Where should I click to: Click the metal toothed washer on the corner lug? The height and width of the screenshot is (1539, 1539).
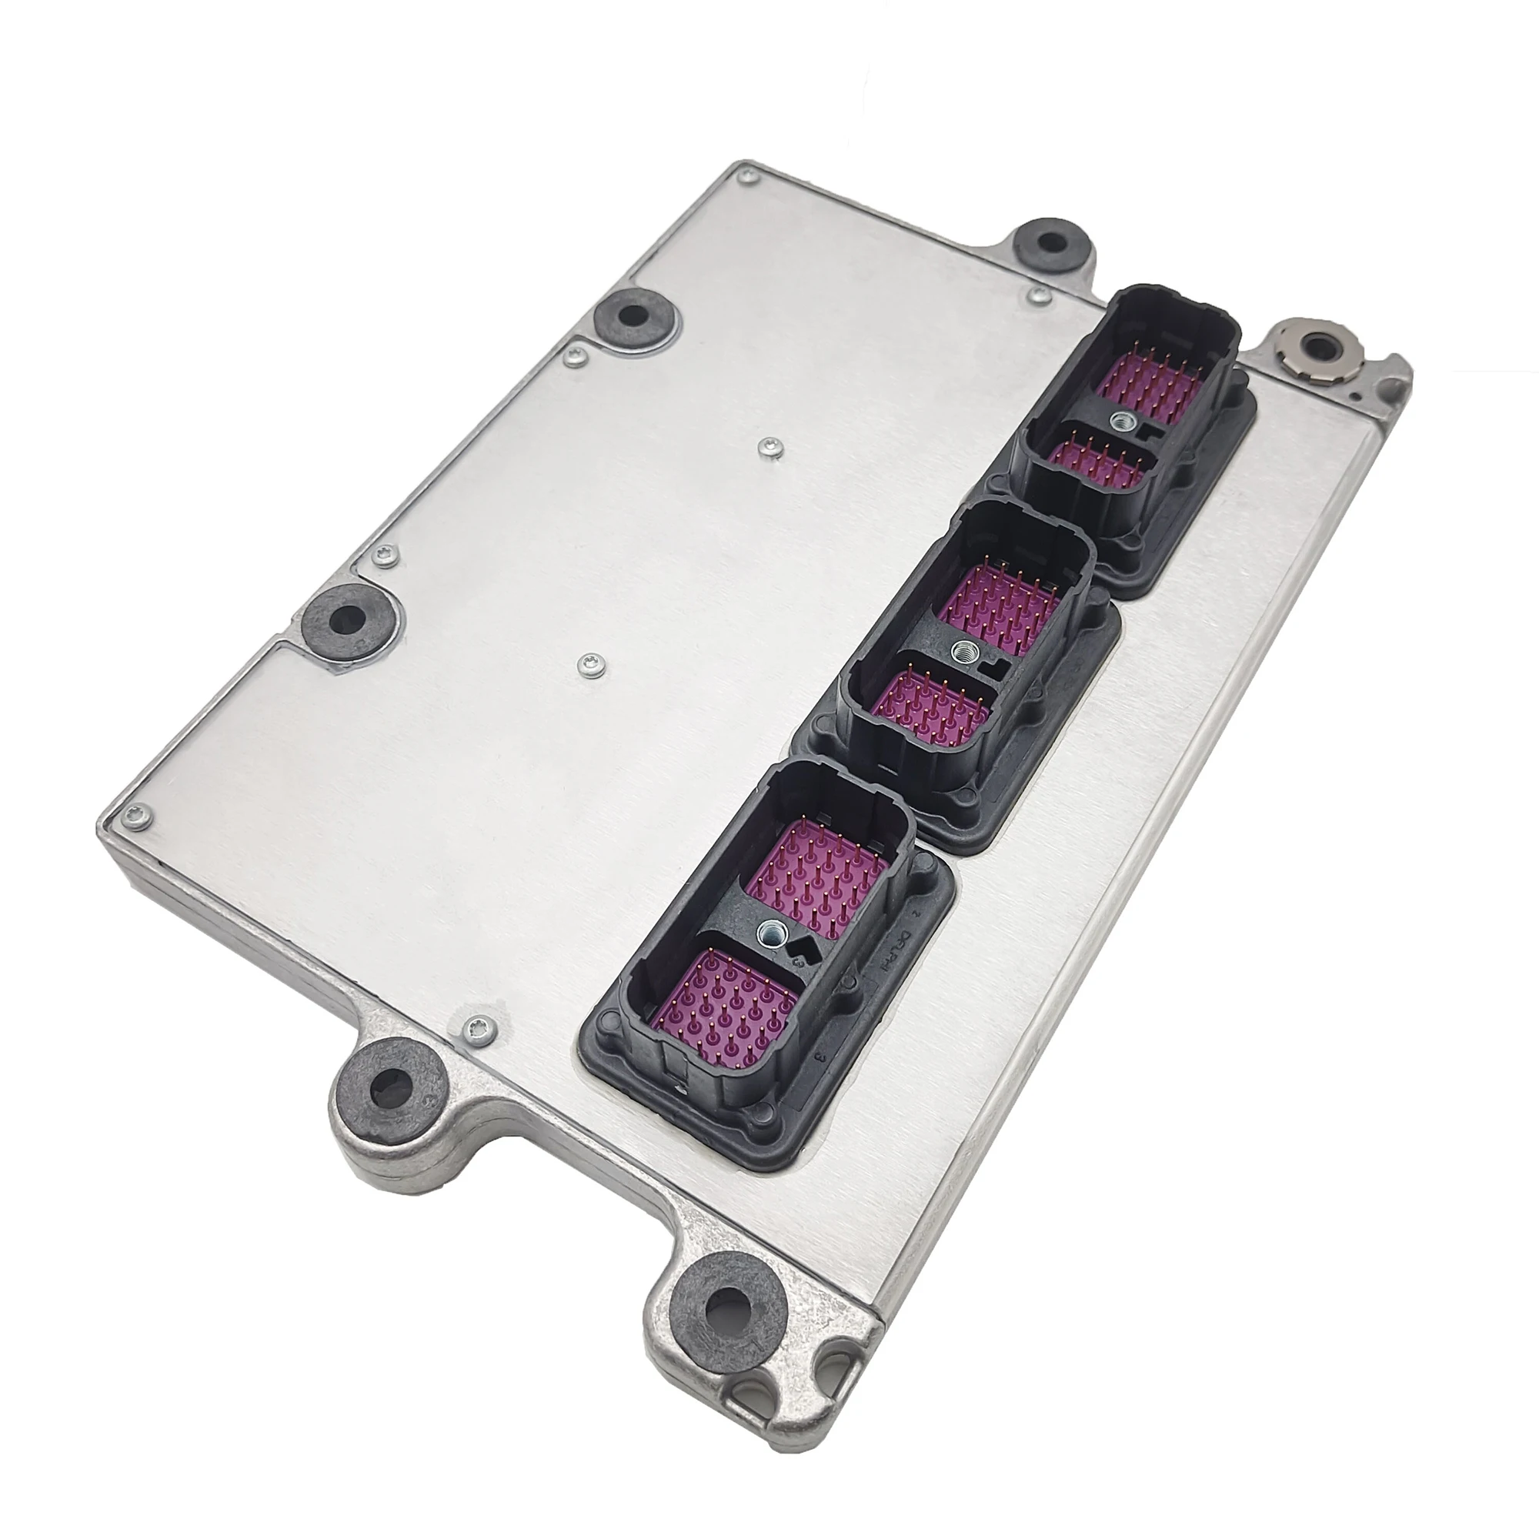(1320, 347)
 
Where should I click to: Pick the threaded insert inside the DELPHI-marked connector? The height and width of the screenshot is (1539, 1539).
(771, 928)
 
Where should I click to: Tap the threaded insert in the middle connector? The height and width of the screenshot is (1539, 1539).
(961, 652)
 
